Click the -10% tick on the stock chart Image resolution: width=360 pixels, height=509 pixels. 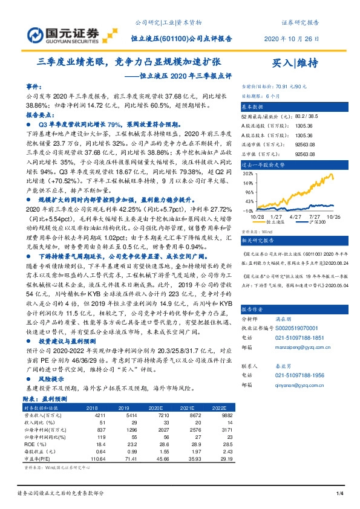tap(247, 210)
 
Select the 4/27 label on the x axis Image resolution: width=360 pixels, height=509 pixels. tap(296, 216)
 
